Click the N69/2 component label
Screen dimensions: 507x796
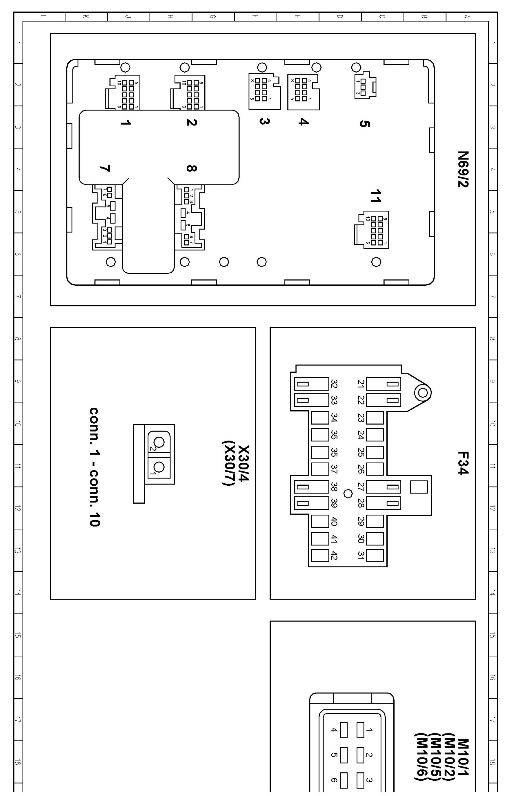point(463,169)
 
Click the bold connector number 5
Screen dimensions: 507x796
point(364,124)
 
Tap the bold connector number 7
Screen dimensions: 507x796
point(105,168)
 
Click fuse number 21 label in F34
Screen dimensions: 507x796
point(361,384)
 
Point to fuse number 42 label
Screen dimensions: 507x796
point(334,556)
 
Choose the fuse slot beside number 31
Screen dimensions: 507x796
point(375,556)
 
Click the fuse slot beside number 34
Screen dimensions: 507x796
point(320,418)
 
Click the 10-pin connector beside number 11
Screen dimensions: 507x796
point(371,230)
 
